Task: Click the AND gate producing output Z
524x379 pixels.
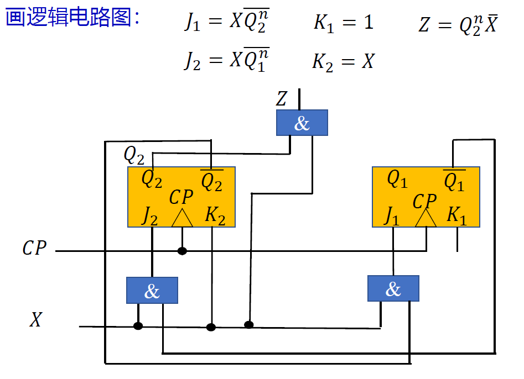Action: click(302, 123)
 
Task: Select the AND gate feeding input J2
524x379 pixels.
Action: click(152, 291)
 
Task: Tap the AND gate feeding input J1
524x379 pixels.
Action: click(393, 288)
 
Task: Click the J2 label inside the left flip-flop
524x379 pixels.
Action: click(149, 216)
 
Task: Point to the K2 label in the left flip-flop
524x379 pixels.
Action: click(215, 215)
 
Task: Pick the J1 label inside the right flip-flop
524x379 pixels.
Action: click(392, 216)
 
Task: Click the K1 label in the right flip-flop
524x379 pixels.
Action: click(456, 215)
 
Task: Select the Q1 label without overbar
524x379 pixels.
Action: click(397, 179)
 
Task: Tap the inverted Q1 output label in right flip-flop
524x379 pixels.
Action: click(454, 181)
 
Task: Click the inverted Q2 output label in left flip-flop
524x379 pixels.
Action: click(211, 181)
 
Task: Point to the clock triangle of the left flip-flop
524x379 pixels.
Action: click(182, 218)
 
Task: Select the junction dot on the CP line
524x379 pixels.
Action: click(182, 251)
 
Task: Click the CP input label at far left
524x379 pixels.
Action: click(34, 248)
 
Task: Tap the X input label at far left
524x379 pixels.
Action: click(35, 320)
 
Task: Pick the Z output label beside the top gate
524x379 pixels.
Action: click(282, 99)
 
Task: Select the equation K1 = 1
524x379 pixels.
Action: click(344, 23)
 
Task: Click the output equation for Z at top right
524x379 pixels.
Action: click(457, 25)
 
